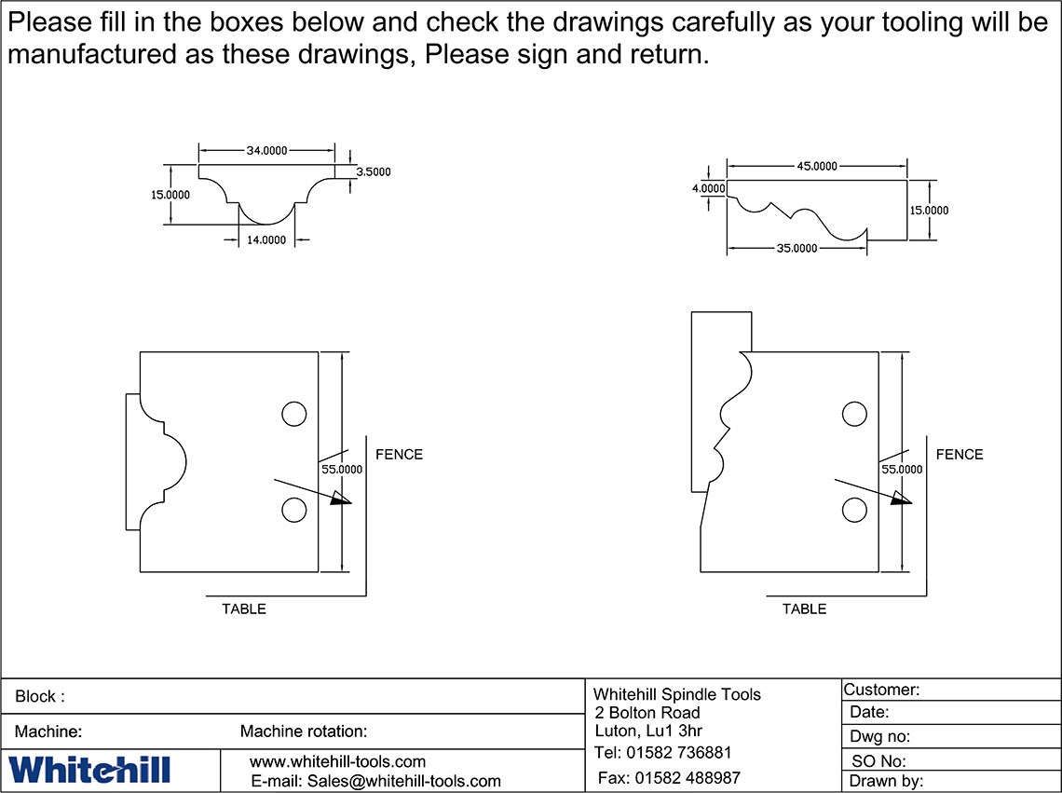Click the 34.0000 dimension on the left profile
pos(266,151)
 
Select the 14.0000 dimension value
pos(266,240)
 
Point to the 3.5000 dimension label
pos(374,171)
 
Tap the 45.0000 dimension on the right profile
pos(817,166)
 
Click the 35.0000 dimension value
pos(796,248)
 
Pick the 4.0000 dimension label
pos(708,188)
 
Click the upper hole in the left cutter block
pos(293,414)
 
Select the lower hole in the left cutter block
pos(293,510)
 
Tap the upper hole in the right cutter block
pos(854,414)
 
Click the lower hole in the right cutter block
pos(854,510)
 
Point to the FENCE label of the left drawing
pos(399,455)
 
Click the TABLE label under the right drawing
pos(804,609)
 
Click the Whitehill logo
pos(89,770)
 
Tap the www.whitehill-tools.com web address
pos(337,761)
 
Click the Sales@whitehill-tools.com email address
pos(375,781)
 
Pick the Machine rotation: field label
pos(304,731)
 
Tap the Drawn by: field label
pos(885,782)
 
